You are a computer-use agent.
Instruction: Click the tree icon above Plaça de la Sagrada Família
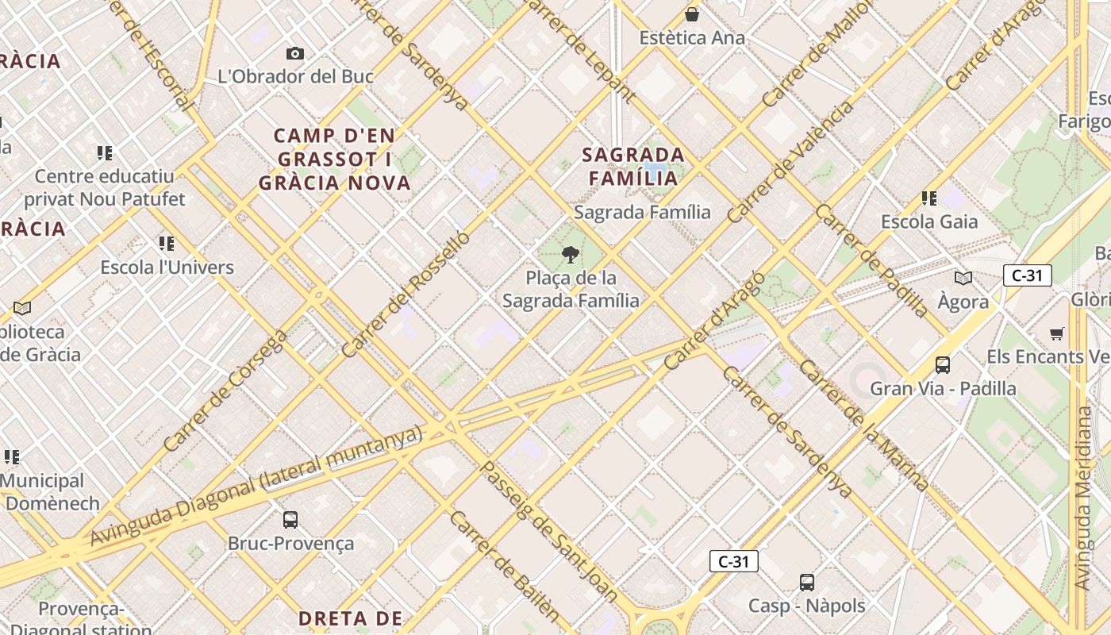click(570, 255)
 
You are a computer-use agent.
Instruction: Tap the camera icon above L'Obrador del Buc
click(295, 53)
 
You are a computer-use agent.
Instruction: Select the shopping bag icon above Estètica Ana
click(692, 14)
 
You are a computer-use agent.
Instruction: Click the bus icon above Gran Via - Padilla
click(943, 365)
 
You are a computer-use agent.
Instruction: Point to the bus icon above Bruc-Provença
click(290, 520)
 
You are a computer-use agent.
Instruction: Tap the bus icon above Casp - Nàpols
click(807, 583)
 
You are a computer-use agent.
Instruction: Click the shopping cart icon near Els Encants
click(1056, 333)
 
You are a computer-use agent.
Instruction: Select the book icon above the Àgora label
click(963, 278)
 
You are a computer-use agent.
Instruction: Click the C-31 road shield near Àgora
click(1027, 275)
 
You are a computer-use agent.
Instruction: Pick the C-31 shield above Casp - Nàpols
click(733, 561)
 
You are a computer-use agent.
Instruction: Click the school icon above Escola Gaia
click(929, 198)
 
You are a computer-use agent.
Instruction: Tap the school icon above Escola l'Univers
click(167, 243)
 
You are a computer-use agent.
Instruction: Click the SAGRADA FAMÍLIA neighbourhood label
click(633, 166)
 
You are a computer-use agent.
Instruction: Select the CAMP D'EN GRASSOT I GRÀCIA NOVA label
click(334, 159)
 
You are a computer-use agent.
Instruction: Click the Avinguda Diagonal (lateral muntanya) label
click(256, 486)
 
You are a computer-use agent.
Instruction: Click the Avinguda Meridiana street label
click(1083, 498)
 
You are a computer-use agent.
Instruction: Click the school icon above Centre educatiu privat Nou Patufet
click(105, 152)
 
